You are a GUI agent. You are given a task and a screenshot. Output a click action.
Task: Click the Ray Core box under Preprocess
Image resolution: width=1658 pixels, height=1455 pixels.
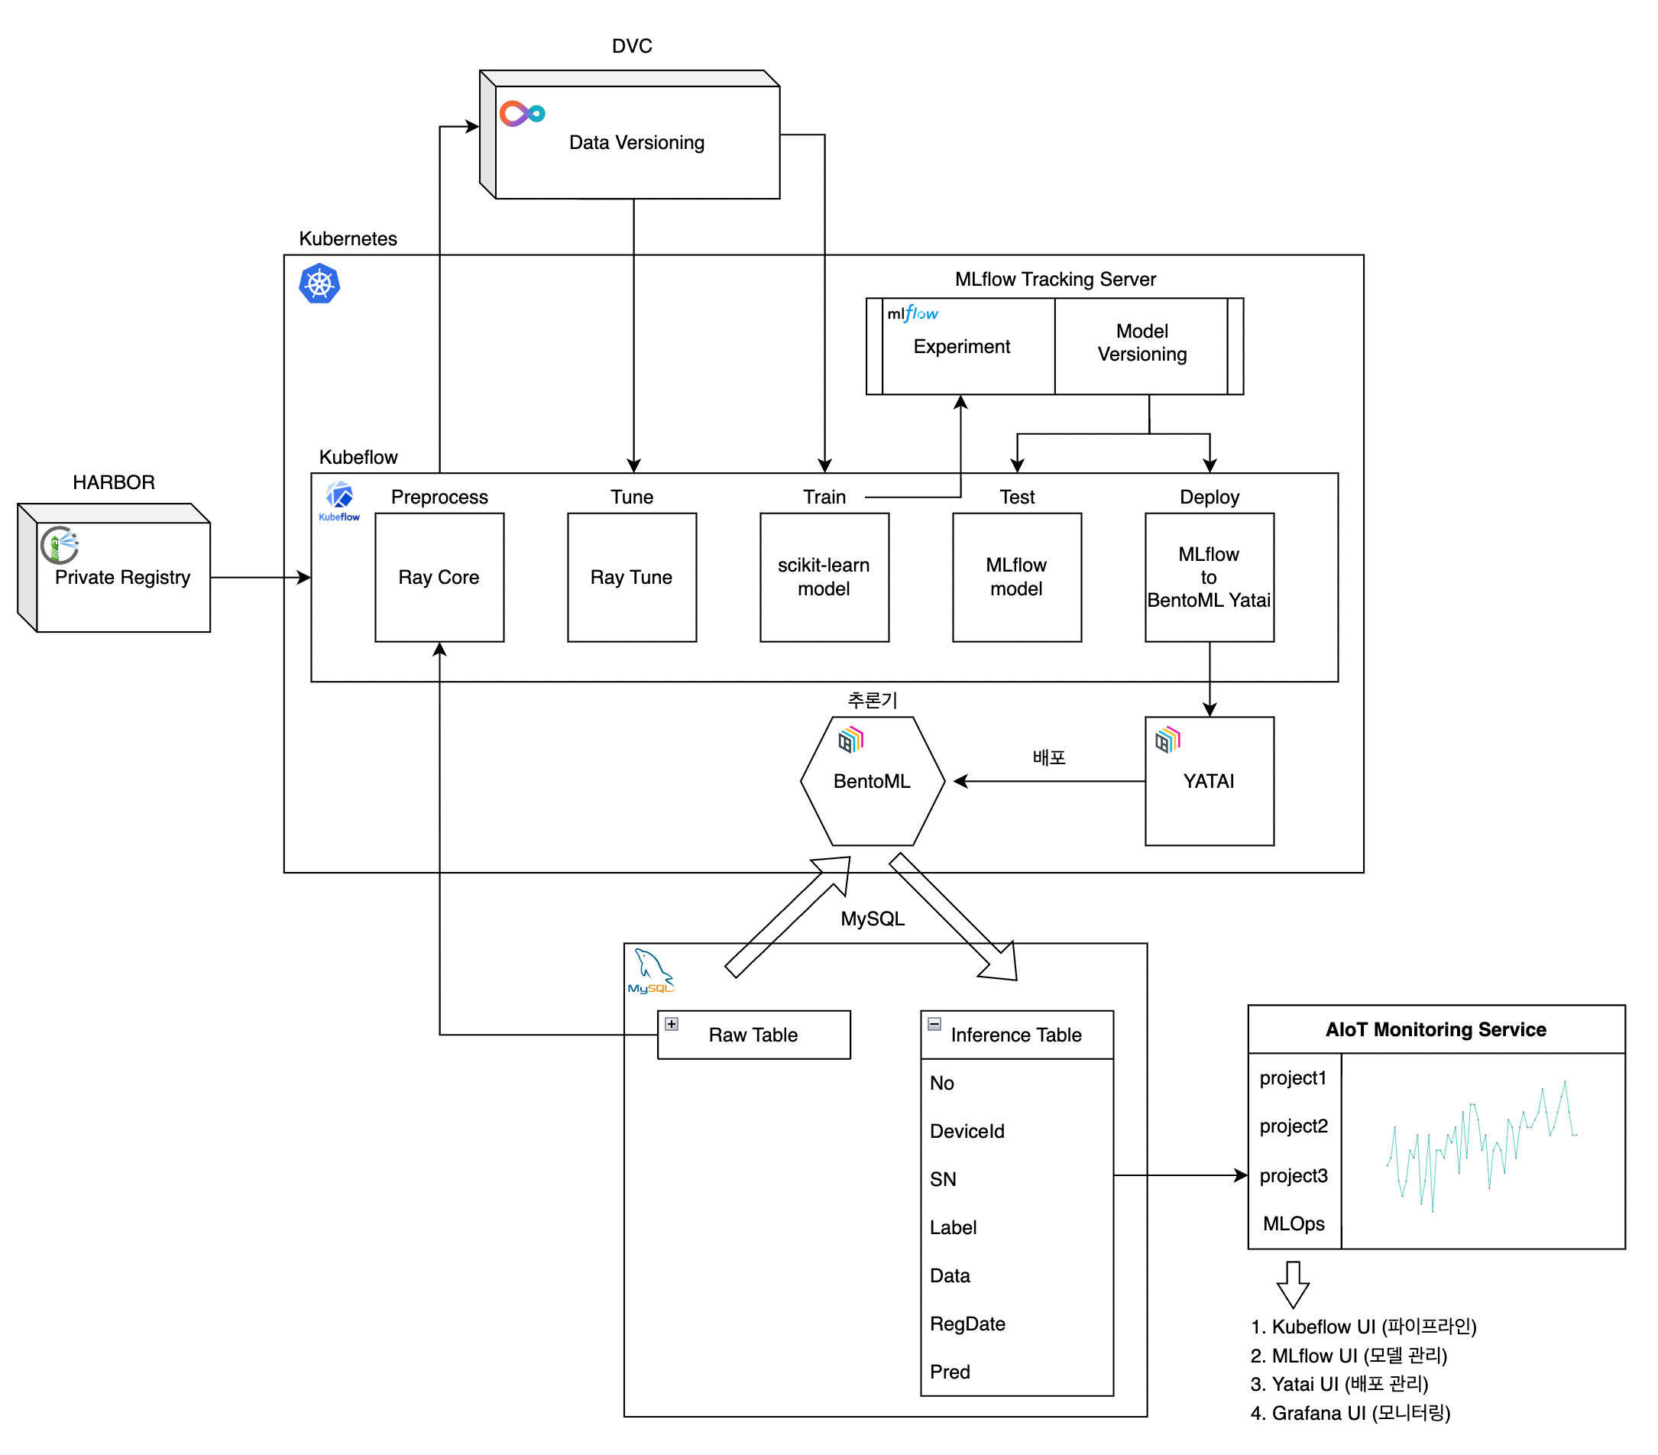click(x=439, y=577)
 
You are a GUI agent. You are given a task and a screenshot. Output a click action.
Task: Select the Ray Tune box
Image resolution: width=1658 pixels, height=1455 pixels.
click(x=632, y=577)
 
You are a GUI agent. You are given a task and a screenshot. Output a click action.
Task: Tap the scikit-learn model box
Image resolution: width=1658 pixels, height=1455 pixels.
click(x=824, y=577)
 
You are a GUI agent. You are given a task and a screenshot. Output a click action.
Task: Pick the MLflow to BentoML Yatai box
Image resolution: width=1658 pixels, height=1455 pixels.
click(x=1209, y=577)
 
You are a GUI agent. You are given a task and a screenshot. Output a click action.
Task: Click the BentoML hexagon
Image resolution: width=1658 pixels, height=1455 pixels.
click(x=873, y=781)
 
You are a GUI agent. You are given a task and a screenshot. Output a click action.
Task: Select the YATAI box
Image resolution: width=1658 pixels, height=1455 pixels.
click(x=1209, y=781)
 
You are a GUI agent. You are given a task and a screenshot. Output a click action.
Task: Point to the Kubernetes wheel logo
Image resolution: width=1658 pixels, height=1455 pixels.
click(x=319, y=284)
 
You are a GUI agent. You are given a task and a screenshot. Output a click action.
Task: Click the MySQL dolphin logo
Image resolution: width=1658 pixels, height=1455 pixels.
click(x=650, y=971)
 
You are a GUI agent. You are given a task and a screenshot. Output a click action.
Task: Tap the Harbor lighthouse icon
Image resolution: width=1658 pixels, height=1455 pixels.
click(x=60, y=545)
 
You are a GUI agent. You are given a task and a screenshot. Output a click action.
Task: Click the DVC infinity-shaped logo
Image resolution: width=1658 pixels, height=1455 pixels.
click(x=523, y=114)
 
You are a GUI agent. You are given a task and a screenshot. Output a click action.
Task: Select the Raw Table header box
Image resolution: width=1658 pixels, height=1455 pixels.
click(x=753, y=1035)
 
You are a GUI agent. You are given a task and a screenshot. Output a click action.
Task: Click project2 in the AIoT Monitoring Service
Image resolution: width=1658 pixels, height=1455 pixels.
click(x=1294, y=1126)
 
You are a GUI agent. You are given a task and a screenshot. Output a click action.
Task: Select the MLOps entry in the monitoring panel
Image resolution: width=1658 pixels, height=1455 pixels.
click(x=1294, y=1223)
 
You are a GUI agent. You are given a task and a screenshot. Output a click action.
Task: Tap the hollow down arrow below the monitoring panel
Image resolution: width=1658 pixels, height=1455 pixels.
click(x=1293, y=1284)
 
